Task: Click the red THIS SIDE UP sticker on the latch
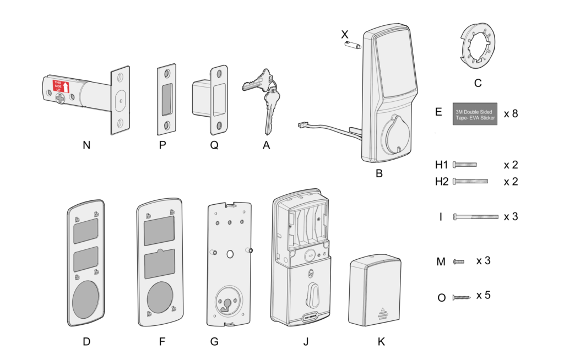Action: click(61, 88)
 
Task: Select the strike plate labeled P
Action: click(166, 101)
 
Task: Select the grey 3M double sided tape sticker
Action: click(475, 114)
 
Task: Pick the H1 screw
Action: click(464, 165)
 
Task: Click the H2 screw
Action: click(470, 181)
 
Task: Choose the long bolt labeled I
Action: click(475, 217)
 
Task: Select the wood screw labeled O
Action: click(461, 297)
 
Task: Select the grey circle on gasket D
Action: click(86, 298)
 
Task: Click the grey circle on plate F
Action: click(159, 297)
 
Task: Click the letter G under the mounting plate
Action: click(214, 342)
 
